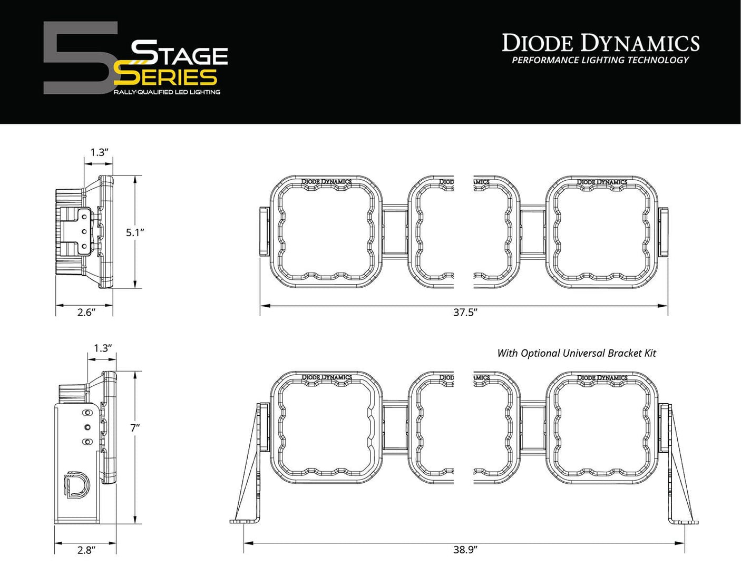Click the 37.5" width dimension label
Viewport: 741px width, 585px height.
[x=465, y=313]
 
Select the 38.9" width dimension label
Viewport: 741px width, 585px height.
[x=465, y=550]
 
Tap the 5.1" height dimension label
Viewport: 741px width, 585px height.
[x=135, y=232]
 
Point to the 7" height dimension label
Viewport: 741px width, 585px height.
[x=135, y=428]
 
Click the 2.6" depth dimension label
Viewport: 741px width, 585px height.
[x=86, y=313]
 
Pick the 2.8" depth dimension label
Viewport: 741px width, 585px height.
[x=86, y=550]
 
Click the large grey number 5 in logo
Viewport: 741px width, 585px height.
[x=79, y=58]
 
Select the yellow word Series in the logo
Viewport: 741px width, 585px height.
[x=166, y=77]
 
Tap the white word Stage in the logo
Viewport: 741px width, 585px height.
[x=179, y=53]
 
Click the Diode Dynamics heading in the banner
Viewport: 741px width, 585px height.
[x=600, y=43]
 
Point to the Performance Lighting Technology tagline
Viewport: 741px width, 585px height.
[x=600, y=61]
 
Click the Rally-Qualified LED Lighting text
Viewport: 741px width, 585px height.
[x=167, y=92]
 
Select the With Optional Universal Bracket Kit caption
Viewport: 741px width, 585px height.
[x=577, y=353]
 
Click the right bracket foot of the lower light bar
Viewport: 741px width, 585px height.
[x=684, y=522]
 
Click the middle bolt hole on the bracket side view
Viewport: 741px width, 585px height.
[x=87, y=427]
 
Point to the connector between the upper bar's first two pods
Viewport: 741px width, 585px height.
[x=395, y=232]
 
